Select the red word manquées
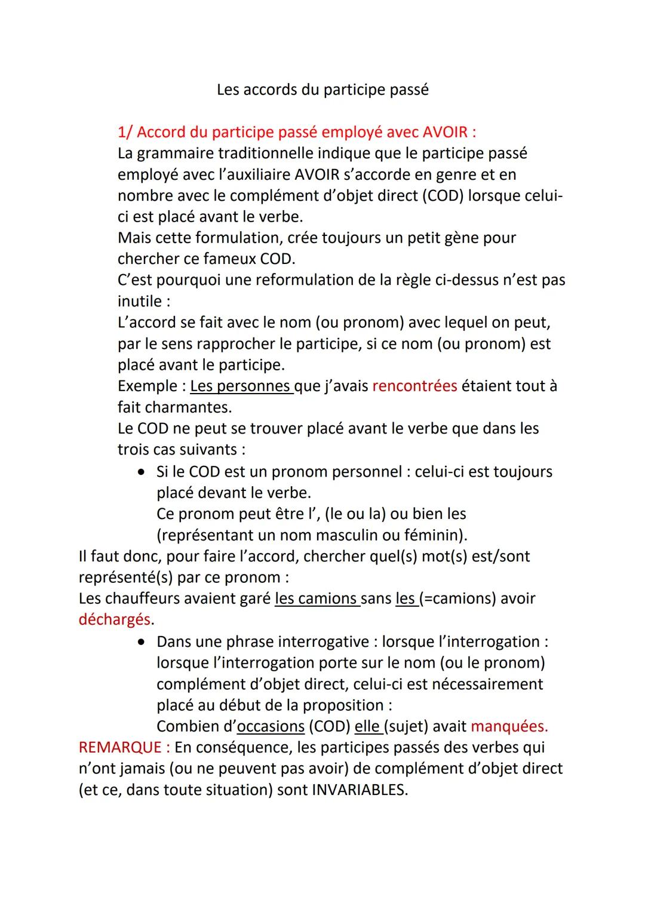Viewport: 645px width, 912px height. click(x=508, y=726)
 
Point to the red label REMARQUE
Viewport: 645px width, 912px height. click(x=120, y=747)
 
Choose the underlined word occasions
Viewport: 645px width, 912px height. click(x=271, y=726)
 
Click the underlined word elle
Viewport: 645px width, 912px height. click(x=367, y=726)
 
